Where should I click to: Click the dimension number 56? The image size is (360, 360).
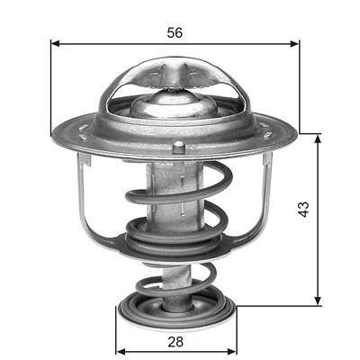point(175,32)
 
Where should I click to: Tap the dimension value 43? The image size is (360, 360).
point(304,209)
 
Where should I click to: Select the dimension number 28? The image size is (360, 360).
point(175,342)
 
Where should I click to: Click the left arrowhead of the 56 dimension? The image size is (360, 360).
point(55,44)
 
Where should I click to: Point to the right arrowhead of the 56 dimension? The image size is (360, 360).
point(295,44)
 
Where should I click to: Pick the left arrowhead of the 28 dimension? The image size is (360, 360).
point(121,351)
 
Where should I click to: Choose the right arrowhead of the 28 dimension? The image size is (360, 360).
point(232,351)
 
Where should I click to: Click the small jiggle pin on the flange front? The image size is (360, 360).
point(178,148)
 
